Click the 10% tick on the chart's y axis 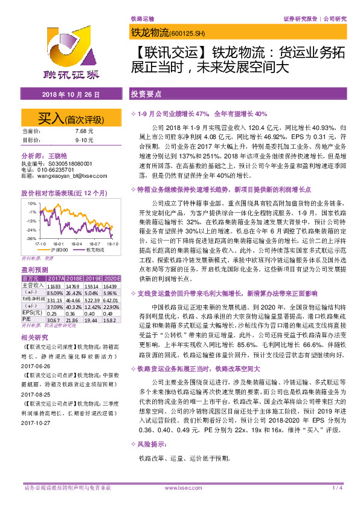pos(31,203)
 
